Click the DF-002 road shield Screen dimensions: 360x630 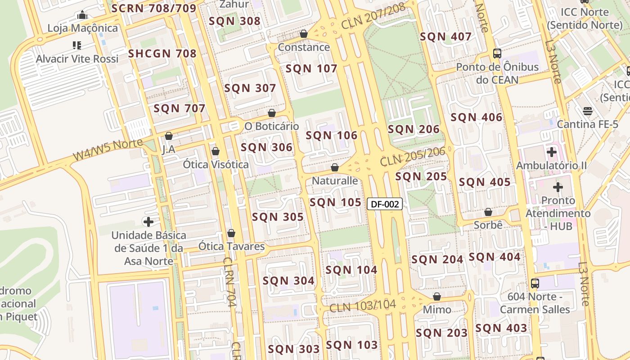385,204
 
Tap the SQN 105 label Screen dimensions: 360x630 335,202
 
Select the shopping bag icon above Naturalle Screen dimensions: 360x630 334,167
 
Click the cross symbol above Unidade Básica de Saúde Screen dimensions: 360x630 148,221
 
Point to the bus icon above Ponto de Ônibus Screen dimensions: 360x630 497,54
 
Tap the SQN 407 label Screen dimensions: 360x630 445,37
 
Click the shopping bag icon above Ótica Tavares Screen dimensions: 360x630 231,233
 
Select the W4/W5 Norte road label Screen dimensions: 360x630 108,150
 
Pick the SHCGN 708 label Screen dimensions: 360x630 162,54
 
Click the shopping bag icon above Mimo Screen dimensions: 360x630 436,297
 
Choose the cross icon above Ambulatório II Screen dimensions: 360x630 551,152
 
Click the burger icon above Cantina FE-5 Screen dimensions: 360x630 587,111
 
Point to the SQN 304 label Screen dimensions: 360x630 288,281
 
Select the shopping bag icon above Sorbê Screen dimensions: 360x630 488,211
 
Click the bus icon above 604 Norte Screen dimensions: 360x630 535,283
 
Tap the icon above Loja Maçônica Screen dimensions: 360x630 82,15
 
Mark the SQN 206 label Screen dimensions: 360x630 414,130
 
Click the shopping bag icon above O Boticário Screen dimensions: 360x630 271,113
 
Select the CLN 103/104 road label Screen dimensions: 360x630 362,306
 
